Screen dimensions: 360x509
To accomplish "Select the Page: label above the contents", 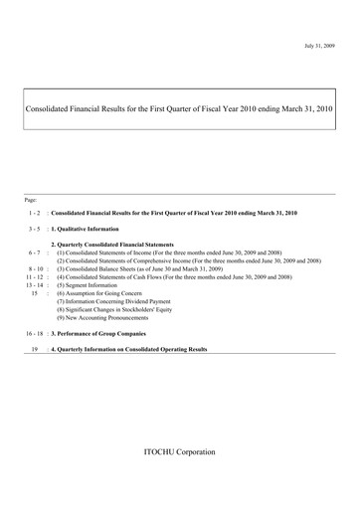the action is [x=33, y=200].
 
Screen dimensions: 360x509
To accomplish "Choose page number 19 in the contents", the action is [x=35, y=350].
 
